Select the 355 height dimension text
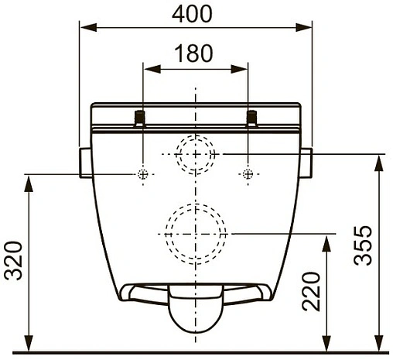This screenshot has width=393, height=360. tap(364, 245)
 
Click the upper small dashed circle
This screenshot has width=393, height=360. tap(195, 155)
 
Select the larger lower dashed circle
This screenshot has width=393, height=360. tap(195, 231)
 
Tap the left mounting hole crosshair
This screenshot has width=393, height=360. tap(143, 174)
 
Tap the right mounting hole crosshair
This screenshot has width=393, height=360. tap(247, 174)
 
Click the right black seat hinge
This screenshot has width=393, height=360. tap(251, 118)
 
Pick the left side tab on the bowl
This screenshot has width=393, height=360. tap(85, 163)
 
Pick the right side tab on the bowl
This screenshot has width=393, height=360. tap(306, 163)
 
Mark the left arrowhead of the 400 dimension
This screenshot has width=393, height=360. tap(84, 28)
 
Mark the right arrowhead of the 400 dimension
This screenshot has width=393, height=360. tap(307, 28)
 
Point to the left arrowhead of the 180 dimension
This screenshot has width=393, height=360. tap(148, 70)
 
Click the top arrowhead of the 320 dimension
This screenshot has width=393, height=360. tap(29, 180)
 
